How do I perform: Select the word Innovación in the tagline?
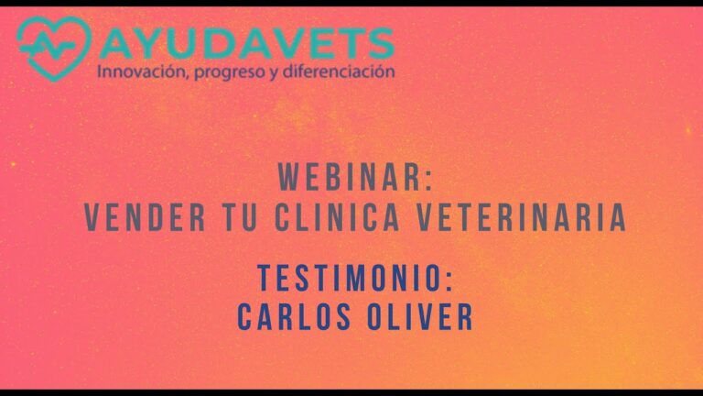click(x=141, y=71)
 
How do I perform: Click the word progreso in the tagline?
click(x=227, y=71)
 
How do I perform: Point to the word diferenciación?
click(x=339, y=71)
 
